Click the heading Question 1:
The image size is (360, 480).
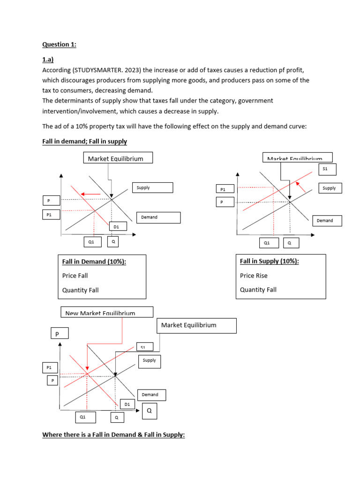[59, 45]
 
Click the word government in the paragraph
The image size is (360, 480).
[253, 101]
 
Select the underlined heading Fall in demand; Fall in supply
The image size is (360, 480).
[84, 141]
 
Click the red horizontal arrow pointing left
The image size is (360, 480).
[91, 194]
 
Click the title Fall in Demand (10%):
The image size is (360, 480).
[94, 262]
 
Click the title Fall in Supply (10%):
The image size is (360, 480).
[269, 261]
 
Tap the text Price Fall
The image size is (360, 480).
[75, 276]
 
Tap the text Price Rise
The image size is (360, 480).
[254, 276]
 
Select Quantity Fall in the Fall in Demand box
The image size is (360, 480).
[80, 290]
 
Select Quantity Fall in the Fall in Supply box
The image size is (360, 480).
[258, 290]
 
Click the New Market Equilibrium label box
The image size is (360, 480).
[107, 312]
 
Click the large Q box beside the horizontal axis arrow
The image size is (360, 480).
[150, 411]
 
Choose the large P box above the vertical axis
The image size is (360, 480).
[60, 334]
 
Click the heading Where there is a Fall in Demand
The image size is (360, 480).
[113, 435]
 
